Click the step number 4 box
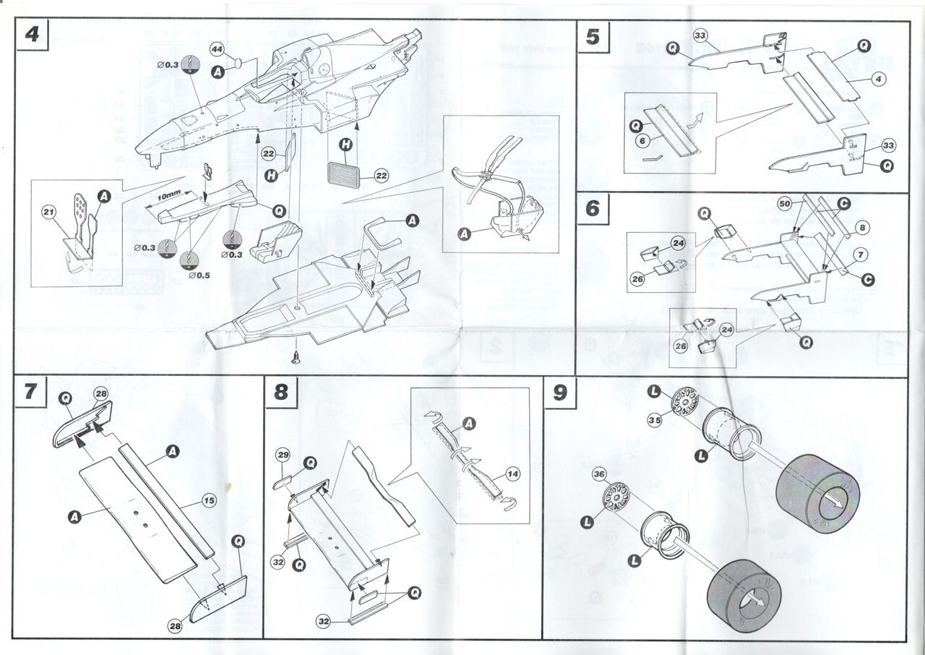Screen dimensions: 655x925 [x=33, y=35]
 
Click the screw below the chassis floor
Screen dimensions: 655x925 [x=296, y=356]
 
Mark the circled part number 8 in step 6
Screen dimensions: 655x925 [x=861, y=227]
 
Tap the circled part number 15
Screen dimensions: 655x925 [x=209, y=500]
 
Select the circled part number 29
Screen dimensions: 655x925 [x=283, y=455]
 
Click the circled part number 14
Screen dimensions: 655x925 [x=512, y=474]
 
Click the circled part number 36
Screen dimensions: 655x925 [x=598, y=474]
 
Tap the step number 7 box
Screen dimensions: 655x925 [x=30, y=391]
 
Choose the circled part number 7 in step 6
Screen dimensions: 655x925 [x=860, y=254]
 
